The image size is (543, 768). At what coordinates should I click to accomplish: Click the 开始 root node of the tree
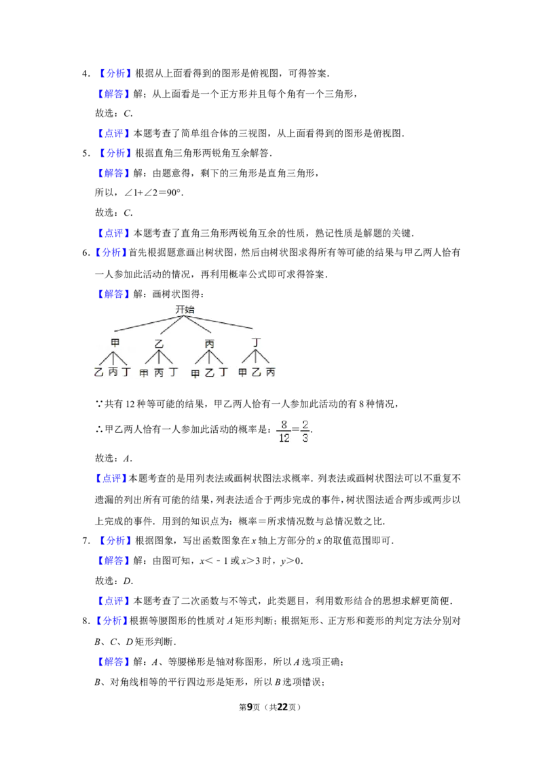[x=185, y=309]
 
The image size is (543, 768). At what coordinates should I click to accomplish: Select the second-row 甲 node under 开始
[x=115, y=343]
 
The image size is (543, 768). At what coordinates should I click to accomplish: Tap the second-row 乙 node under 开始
[x=160, y=343]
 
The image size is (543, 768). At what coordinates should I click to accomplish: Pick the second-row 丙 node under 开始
[x=209, y=343]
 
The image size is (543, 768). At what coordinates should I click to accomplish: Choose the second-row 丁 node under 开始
[x=256, y=343]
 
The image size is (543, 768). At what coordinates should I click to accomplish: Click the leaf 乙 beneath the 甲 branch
[x=98, y=372]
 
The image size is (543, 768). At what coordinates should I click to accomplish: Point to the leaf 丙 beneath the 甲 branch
[x=113, y=372]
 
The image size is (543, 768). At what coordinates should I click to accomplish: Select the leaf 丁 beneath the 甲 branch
[x=126, y=372]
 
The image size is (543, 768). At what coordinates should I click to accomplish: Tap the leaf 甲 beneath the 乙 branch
[x=144, y=372]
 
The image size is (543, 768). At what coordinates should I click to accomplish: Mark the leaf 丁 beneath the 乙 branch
[x=174, y=372]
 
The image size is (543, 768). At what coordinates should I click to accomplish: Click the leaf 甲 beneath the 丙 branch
[x=195, y=372]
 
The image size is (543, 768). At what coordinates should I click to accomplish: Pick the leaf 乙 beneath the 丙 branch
[x=209, y=372]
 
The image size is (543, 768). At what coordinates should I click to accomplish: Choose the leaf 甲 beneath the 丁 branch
[x=242, y=372]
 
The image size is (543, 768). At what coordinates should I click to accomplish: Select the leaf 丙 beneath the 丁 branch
[x=270, y=372]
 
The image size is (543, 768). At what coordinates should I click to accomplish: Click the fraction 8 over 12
[x=283, y=431]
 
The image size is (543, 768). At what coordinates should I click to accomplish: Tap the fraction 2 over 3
[x=305, y=431]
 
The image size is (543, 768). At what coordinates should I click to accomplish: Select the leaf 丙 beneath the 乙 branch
[x=159, y=372]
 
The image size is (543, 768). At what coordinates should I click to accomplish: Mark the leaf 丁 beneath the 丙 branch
[x=223, y=372]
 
